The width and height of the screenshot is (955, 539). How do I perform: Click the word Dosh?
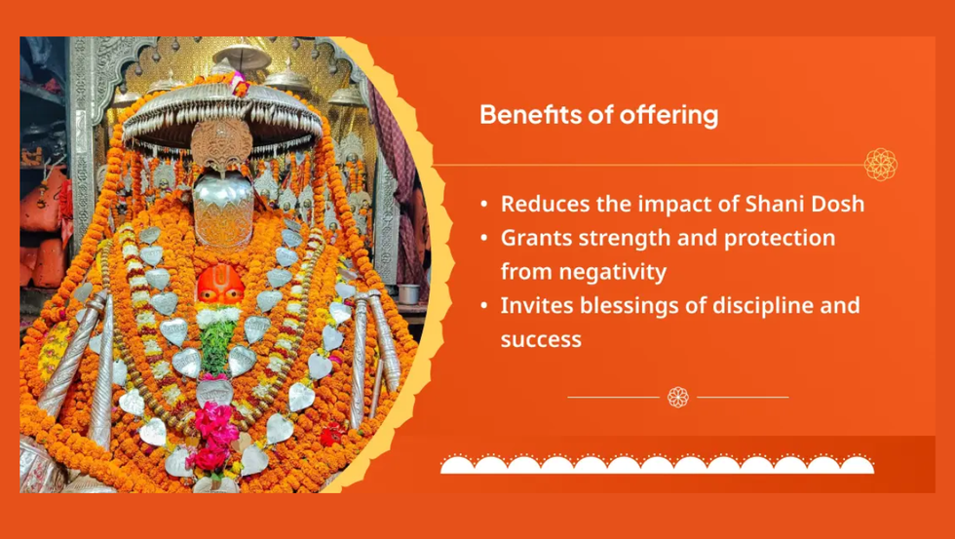(x=839, y=204)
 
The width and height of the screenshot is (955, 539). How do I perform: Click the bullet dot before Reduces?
(x=484, y=205)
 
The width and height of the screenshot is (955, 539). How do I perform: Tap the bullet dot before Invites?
(x=484, y=306)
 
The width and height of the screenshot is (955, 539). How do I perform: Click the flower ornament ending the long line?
(x=881, y=165)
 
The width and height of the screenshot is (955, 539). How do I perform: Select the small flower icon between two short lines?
(x=678, y=397)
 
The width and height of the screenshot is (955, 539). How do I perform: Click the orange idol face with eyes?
(x=220, y=285)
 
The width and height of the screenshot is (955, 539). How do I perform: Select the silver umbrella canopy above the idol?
(x=222, y=119)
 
